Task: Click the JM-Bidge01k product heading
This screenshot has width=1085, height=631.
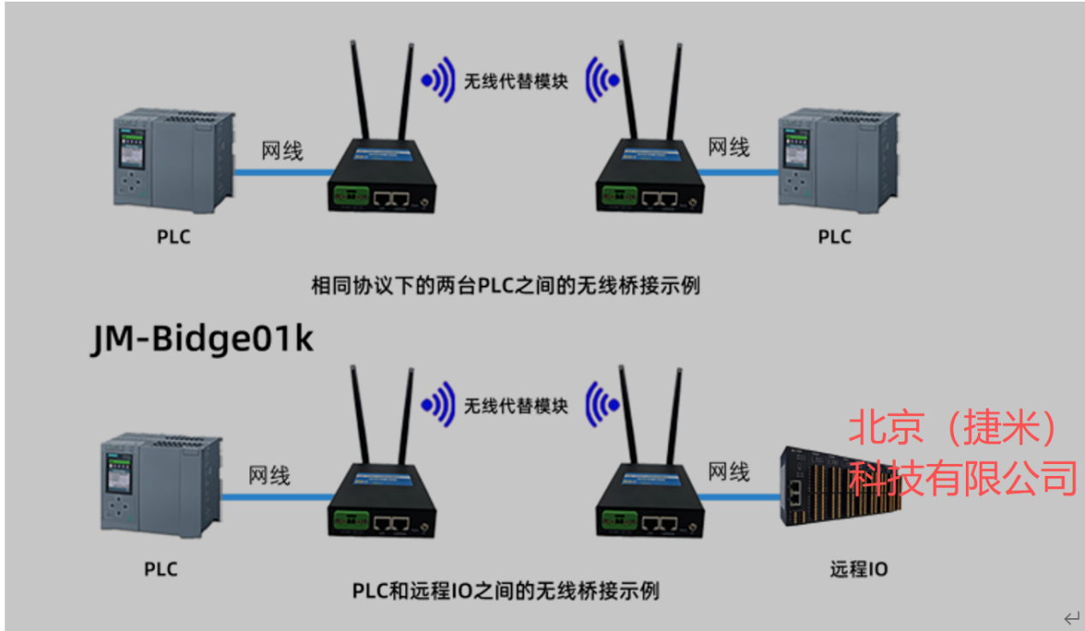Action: (x=203, y=338)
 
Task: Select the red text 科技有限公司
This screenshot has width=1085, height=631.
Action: (x=963, y=478)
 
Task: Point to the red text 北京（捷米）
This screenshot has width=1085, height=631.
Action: (x=954, y=428)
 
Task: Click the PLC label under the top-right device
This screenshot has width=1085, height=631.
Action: (x=834, y=236)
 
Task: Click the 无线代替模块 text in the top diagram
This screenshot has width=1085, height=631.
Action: (x=516, y=83)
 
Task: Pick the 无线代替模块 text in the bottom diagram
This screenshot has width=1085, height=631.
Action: (x=516, y=406)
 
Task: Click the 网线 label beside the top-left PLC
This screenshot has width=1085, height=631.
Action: (x=282, y=152)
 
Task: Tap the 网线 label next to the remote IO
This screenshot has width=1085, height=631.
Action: (x=729, y=471)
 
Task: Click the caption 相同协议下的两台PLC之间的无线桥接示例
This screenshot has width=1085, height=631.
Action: (x=505, y=285)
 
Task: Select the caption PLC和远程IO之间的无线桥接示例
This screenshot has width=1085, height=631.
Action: (x=505, y=591)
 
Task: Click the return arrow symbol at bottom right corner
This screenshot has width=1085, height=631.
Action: (x=1071, y=617)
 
